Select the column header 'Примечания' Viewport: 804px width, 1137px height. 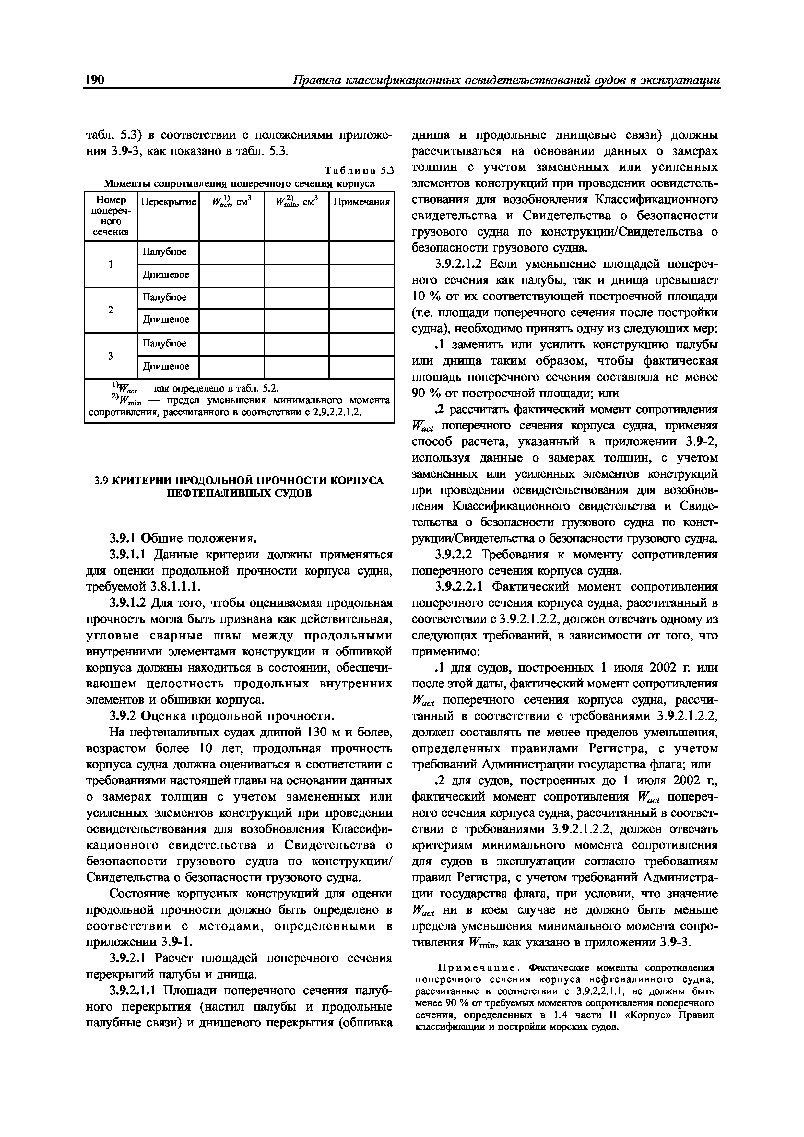pyautogui.click(x=361, y=202)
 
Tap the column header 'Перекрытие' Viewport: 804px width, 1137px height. pyautogui.click(x=169, y=202)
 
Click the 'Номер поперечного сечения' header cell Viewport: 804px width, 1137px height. pyautogui.click(x=111, y=216)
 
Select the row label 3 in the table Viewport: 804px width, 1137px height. pyautogui.click(x=111, y=356)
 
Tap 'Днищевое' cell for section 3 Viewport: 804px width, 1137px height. pyautogui.click(x=166, y=367)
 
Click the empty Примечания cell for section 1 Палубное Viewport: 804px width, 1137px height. pyautogui.click(x=361, y=252)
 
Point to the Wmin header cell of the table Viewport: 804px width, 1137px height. pyautogui.click(x=296, y=202)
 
